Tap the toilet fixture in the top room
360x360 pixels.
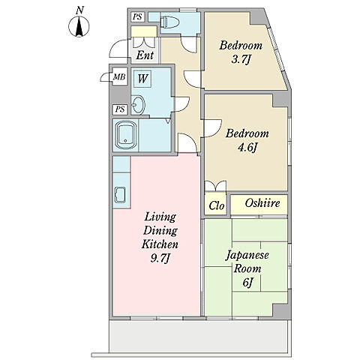pyautogui.click(x=169, y=22)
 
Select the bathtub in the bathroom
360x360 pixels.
pyautogui.click(x=126, y=135)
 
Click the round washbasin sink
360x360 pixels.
pyautogui.click(x=138, y=105)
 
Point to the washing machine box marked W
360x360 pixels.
pyautogui.click(x=142, y=79)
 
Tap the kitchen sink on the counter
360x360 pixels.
pyautogui.click(x=120, y=195)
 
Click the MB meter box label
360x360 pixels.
pyautogui.click(x=119, y=76)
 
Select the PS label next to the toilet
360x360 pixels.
pyautogui.click(x=137, y=17)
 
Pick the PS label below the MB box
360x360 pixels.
pyautogui.click(x=120, y=109)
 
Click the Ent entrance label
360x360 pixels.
pyautogui.click(x=145, y=55)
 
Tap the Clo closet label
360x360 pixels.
pyautogui.click(x=217, y=205)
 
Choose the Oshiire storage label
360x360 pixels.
pyautogui.click(x=262, y=203)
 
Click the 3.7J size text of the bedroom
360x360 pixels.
pyautogui.click(x=241, y=60)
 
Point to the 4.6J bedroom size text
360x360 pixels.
pyautogui.click(x=247, y=148)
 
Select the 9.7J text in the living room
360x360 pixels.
pyautogui.click(x=160, y=258)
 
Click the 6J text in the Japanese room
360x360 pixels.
pyautogui.click(x=247, y=283)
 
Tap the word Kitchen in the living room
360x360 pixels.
pyautogui.click(x=160, y=244)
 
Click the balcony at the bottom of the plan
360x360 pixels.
pyautogui.click(x=199, y=336)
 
